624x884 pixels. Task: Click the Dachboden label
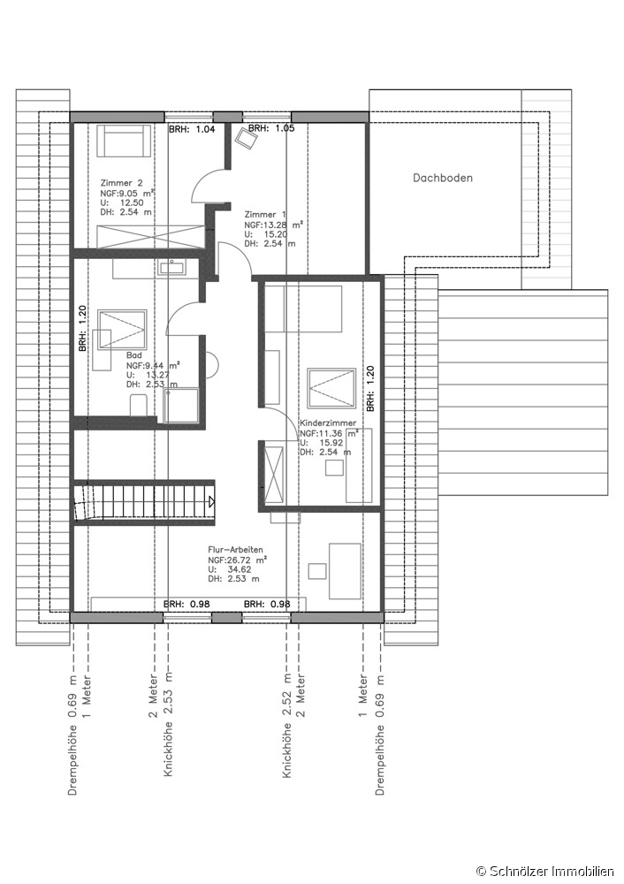[x=443, y=179]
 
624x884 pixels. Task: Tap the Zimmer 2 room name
[x=121, y=183]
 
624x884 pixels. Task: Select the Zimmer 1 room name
[x=265, y=214]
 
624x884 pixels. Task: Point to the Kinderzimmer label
[x=328, y=423]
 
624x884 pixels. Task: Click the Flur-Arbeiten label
[x=236, y=550]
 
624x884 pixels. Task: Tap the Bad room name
[x=134, y=355]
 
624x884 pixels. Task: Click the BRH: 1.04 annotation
[x=192, y=129]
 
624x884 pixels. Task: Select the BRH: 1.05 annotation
[x=271, y=128]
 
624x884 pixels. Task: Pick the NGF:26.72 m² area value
[x=237, y=560]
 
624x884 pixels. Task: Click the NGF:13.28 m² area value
[x=273, y=225]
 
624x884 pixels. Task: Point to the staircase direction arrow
[x=211, y=501]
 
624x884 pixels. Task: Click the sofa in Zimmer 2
[x=124, y=141]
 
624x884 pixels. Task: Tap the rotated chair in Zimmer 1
[x=247, y=138]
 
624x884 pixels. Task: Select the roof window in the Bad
[x=122, y=329]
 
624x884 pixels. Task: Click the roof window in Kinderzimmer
[x=331, y=388]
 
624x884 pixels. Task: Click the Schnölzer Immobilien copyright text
[x=544, y=873]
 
